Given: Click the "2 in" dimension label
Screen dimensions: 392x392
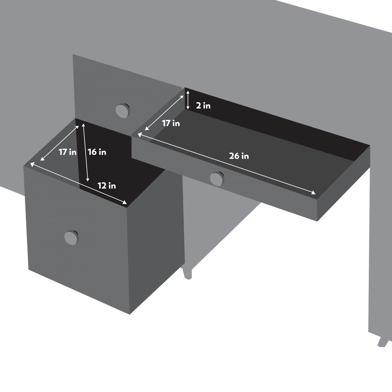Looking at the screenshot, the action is [x=203, y=106].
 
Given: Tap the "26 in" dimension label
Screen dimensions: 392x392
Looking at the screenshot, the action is [x=239, y=156].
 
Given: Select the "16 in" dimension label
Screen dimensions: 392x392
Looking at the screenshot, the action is [x=97, y=152].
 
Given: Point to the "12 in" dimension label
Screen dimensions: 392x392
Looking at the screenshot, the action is [x=107, y=186].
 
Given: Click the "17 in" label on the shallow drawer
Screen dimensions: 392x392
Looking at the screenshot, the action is [x=171, y=123].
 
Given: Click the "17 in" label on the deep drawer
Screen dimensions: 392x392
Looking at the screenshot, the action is [x=67, y=152].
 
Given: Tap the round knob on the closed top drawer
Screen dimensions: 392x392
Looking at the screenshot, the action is [x=122, y=110].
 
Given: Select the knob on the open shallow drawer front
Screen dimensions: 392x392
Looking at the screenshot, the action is [x=217, y=178].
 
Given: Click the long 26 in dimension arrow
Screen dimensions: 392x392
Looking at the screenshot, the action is [x=226, y=164].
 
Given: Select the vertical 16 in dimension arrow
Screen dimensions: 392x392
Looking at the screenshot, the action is [x=85, y=152].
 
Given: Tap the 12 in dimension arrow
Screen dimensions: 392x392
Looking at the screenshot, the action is [x=79, y=183].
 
